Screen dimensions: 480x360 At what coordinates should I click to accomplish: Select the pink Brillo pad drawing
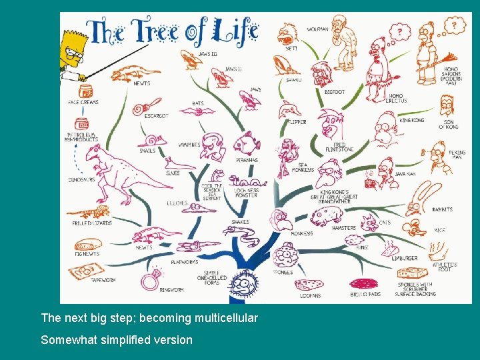point(364,283)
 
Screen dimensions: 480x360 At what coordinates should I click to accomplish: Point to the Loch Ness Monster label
point(247,192)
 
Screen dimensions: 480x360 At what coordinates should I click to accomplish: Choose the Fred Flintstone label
point(340,147)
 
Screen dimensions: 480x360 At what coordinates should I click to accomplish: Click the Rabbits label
point(442,210)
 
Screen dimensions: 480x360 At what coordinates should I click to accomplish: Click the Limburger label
point(405,257)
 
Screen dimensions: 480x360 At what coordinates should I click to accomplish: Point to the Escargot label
point(157,116)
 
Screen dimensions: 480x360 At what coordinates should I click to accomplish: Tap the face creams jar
point(85,91)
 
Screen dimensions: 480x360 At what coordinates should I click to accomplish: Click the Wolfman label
point(317,29)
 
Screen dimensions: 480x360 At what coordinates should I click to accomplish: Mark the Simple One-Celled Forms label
point(211,277)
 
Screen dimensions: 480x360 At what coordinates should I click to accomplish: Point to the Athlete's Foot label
point(444,267)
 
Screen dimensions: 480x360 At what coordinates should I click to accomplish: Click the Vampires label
point(189,145)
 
